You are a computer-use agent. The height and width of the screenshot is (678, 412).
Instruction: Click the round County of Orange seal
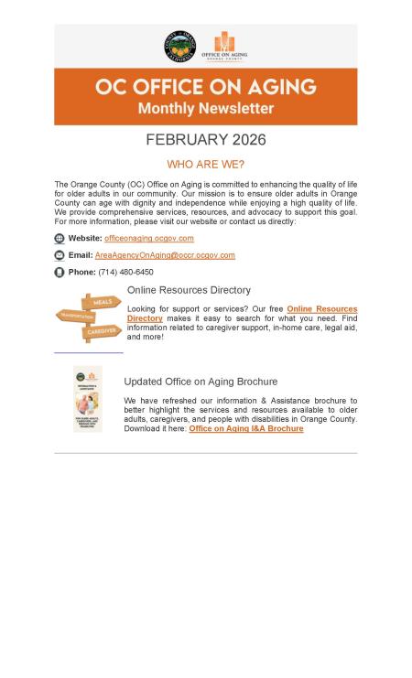pyautogui.click(x=179, y=46)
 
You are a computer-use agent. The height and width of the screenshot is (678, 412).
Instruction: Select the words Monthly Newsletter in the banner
pyautogui.click(x=206, y=108)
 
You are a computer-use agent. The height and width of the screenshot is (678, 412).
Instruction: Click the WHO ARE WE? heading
pyautogui.click(x=205, y=165)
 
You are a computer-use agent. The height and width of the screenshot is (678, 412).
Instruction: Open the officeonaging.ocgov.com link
pyautogui.click(x=148, y=238)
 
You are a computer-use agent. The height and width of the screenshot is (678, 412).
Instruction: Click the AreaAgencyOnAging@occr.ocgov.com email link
pyautogui.click(x=165, y=255)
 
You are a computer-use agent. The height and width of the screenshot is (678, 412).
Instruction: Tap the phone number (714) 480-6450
pyautogui.click(x=125, y=272)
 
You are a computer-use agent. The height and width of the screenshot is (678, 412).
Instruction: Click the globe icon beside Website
pyautogui.click(x=60, y=239)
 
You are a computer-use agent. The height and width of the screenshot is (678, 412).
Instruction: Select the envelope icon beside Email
pyautogui.click(x=60, y=255)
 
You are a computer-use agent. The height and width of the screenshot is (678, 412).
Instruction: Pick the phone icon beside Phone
pyautogui.click(x=60, y=272)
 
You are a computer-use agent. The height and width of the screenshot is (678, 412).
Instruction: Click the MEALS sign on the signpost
pyautogui.click(x=102, y=302)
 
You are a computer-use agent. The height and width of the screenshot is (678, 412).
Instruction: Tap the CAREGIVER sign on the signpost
pyautogui.click(x=101, y=331)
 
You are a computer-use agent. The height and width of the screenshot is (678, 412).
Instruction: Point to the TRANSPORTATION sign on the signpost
pyautogui.click(x=75, y=317)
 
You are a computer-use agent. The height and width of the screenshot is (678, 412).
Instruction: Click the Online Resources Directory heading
pyautogui.click(x=189, y=290)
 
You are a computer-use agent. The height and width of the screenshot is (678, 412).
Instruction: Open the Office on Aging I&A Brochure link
pyautogui.click(x=245, y=428)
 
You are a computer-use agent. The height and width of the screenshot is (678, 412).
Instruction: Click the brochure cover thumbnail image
pyautogui.click(x=87, y=399)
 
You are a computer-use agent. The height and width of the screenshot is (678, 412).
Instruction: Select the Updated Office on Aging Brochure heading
pyautogui.click(x=201, y=382)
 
